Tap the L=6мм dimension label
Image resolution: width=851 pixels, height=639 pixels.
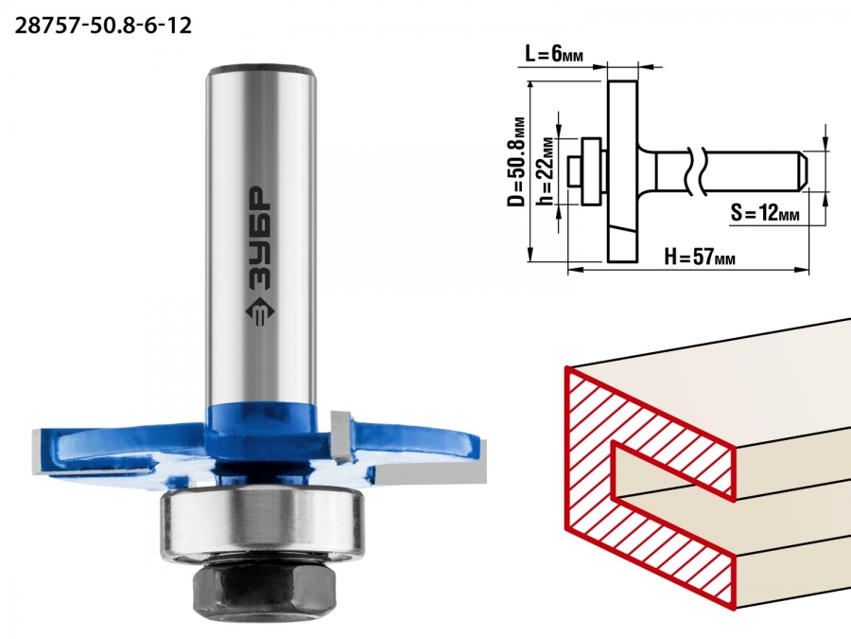pos(553,53)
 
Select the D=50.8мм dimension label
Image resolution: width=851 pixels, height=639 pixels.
pos(518,161)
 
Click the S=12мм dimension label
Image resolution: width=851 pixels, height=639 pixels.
pos(765,212)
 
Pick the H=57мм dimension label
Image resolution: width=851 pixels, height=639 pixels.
pos(700,256)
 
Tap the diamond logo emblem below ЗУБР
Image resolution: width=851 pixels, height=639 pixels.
pos(259,313)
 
